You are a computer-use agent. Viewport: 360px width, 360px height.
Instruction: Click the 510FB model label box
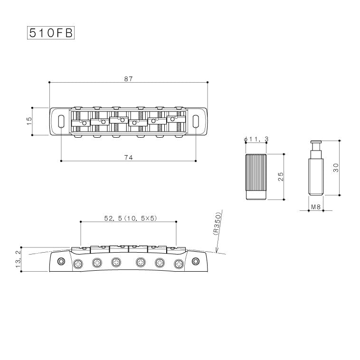point(51,33)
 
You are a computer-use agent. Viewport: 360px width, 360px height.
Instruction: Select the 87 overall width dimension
point(129,79)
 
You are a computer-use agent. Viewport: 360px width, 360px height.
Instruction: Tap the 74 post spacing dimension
point(129,158)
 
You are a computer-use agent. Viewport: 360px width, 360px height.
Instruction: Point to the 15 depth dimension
point(29,121)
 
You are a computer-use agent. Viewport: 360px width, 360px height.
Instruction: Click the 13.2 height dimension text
point(19,259)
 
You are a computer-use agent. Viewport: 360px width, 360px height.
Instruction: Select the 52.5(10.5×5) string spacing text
point(131,218)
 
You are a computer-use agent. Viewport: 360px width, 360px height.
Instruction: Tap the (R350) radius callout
point(217,224)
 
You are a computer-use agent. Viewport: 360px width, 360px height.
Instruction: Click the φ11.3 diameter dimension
point(256,139)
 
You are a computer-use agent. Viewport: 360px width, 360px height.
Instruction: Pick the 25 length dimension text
point(281,177)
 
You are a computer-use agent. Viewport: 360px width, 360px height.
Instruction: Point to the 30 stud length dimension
point(336,168)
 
